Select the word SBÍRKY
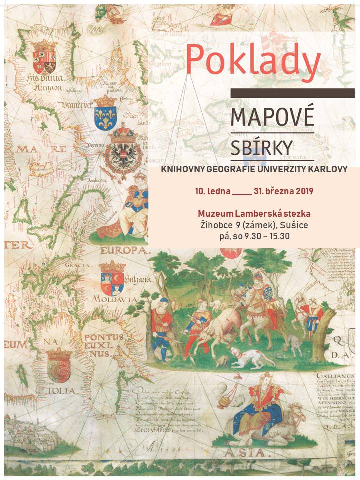(x=261, y=147)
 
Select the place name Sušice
(x=293, y=225)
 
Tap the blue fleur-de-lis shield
(x=105, y=113)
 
